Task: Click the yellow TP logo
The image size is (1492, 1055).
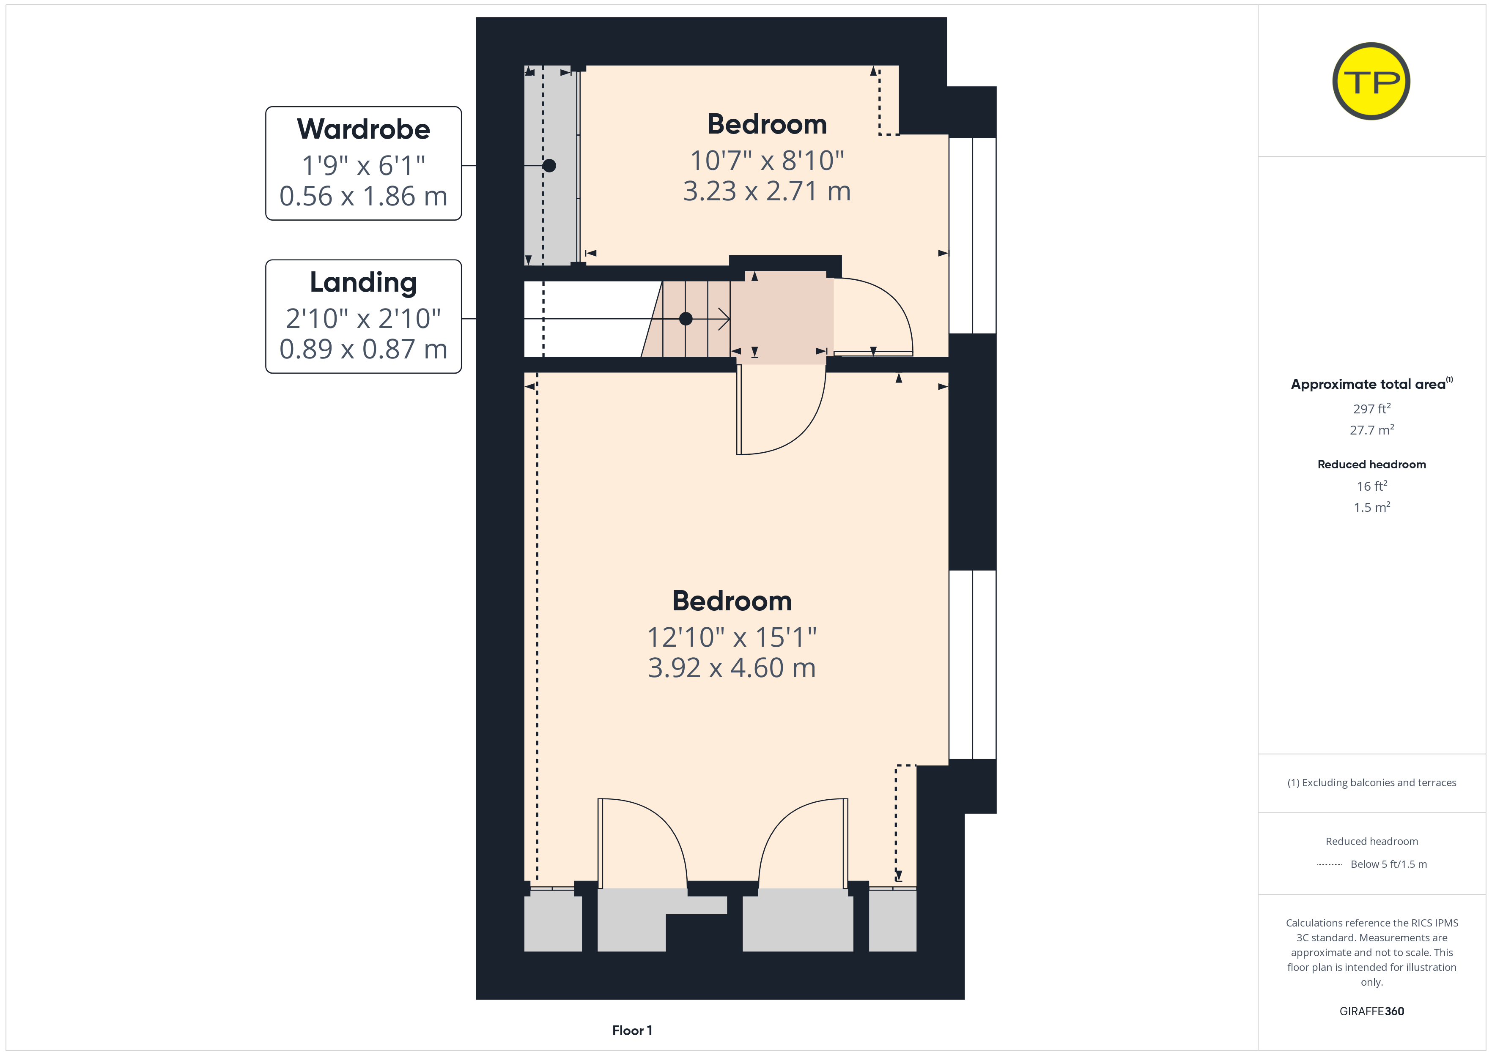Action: click(x=1371, y=81)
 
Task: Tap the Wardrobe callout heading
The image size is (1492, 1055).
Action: click(x=363, y=129)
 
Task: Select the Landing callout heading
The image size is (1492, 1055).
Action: click(x=363, y=283)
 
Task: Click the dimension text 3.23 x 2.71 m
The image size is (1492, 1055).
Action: click(x=767, y=191)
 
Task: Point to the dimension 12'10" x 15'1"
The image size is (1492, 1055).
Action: click(x=732, y=637)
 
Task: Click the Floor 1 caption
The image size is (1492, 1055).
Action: click(x=632, y=1030)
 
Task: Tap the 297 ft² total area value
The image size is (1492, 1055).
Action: click(x=1372, y=409)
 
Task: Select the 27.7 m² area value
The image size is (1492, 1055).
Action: click(x=1372, y=430)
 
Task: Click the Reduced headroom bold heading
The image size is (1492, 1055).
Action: click(x=1372, y=465)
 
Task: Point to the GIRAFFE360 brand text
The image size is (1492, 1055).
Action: click(x=1372, y=1011)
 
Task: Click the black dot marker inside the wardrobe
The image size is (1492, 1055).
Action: click(x=549, y=166)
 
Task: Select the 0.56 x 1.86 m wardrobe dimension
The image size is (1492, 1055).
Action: click(x=363, y=196)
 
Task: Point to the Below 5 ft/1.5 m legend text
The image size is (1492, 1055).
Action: click(x=1389, y=864)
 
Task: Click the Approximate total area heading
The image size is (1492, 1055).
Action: click(x=1371, y=384)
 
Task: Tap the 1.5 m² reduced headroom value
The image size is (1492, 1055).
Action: click(x=1372, y=507)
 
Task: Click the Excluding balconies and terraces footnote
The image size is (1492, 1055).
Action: click(x=1372, y=783)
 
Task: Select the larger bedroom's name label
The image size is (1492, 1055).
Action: click(x=732, y=601)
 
